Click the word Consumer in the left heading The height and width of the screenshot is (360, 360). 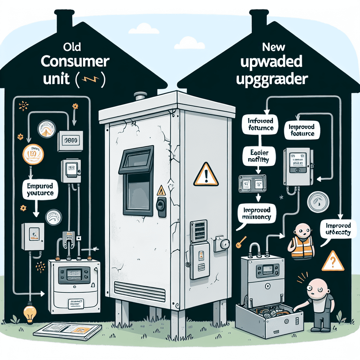[75, 61]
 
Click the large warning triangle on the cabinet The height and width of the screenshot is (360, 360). [206, 174]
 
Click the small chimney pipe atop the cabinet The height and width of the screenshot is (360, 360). [141, 96]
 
